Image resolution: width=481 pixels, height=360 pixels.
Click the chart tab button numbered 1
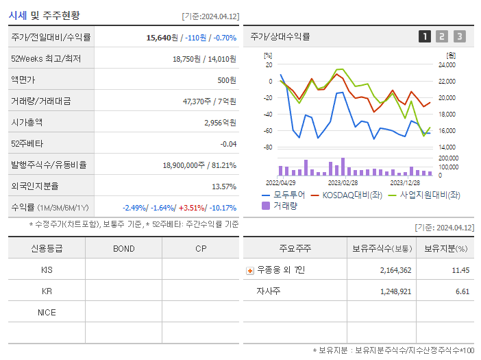(425, 36)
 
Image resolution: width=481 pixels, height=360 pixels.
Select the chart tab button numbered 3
(459, 36)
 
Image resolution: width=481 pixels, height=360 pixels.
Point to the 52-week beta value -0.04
(228, 144)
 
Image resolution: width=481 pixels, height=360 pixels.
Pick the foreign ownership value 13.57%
(224, 187)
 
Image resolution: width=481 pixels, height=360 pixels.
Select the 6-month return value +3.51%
(194, 208)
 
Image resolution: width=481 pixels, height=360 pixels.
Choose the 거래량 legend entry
(282, 206)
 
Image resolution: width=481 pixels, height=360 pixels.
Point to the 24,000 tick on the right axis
(446, 65)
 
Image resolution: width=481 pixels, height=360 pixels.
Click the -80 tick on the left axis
(268, 147)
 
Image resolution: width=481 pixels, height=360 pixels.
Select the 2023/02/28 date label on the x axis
(343, 183)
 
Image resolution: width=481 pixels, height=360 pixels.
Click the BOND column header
(123, 248)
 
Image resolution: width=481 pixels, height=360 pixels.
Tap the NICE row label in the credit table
(47, 312)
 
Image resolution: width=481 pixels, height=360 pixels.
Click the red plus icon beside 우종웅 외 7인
(249, 271)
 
